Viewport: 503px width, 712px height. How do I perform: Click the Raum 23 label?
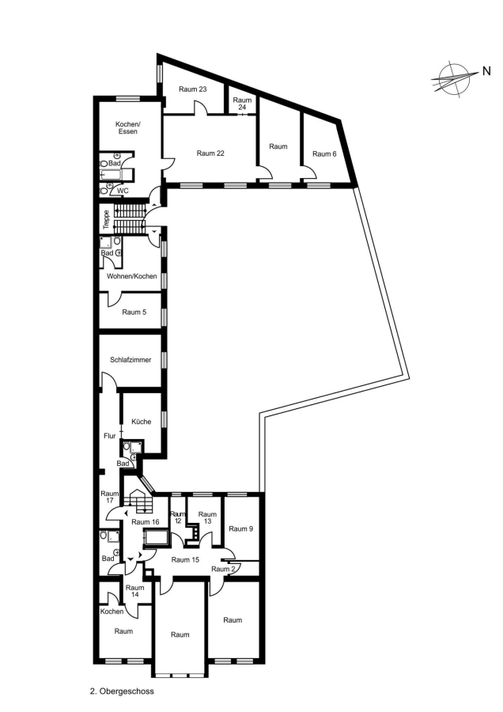pyautogui.click(x=192, y=89)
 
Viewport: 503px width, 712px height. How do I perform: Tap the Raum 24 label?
pyautogui.click(x=242, y=104)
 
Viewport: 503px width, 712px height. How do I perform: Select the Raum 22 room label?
pyautogui.click(x=210, y=153)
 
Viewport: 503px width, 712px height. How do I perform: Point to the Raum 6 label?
pyautogui.click(x=324, y=154)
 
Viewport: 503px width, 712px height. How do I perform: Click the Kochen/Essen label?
pyautogui.click(x=128, y=127)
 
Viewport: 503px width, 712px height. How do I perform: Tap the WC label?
pyautogui.click(x=123, y=191)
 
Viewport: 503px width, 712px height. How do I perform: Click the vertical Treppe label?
pyautogui.click(x=106, y=219)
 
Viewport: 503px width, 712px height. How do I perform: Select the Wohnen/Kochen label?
pyautogui.click(x=131, y=276)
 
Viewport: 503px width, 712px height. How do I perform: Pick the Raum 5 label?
pyautogui.click(x=134, y=312)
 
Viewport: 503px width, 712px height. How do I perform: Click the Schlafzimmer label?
pyautogui.click(x=130, y=360)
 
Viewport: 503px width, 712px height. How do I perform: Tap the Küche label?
pyautogui.click(x=142, y=422)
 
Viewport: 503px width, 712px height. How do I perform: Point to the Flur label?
pyautogui.click(x=110, y=436)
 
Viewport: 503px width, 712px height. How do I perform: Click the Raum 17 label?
pyautogui.click(x=110, y=497)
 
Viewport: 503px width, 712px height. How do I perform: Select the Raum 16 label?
pyautogui.click(x=146, y=522)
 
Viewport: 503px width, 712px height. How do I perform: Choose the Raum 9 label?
pyautogui.click(x=241, y=529)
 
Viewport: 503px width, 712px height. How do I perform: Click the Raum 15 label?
pyautogui.click(x=185, y=560)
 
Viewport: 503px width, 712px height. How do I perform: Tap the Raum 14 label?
pyautogui.click(x=134, y=591)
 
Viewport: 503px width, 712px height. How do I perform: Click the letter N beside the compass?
pyautogui.click(x=486, y=71)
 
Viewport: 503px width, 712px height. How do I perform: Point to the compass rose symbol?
pyautogui.click(x=453, y=78)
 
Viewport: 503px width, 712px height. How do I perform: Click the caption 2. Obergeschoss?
pyautogui.click(x=122, y=691)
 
